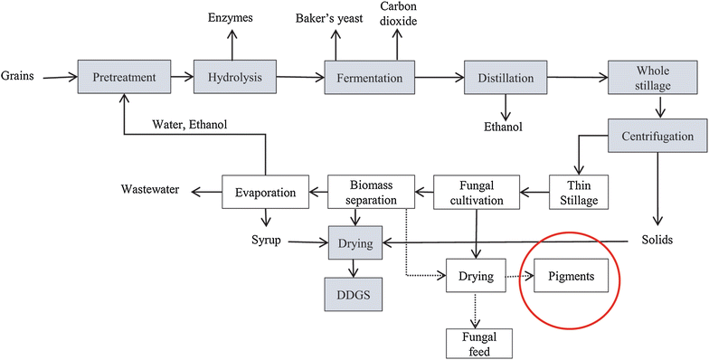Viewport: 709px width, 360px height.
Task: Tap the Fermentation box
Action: [370, 77]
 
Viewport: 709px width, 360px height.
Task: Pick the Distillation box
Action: [506, 77]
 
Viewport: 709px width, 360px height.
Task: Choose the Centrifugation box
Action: [657, 137]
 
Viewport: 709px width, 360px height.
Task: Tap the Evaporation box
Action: [266, 191]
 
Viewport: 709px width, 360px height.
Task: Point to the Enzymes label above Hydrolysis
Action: [232, 17]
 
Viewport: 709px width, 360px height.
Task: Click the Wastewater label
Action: [150, 190]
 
